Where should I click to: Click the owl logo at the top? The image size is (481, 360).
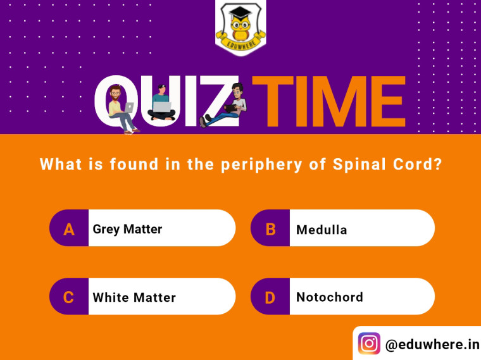tap(240, 27)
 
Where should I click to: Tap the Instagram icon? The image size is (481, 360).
tap(369, 344)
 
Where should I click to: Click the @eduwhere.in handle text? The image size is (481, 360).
tap(432, 344)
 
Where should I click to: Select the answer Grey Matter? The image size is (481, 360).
tap(127, 230)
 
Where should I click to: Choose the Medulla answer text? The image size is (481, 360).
tap(322, 230)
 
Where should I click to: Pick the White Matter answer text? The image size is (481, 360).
tap(134, 297)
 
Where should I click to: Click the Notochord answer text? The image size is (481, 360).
tap(330, 297)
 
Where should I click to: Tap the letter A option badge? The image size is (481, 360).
tap(69, 228)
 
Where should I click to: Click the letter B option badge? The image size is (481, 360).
tap(270, 228)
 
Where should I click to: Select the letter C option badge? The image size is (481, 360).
tap(69, 296)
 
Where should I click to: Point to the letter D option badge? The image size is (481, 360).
tap(270, 296)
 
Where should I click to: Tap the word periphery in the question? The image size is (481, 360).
tap(261, 164)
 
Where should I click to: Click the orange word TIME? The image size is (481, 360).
tap(329, 101)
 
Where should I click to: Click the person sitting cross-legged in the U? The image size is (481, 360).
tap(161, 102)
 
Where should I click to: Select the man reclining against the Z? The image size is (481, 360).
tap(224, 105)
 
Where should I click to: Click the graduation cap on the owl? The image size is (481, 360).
tap(240, 12)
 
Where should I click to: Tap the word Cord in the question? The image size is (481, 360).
tap(418, 164)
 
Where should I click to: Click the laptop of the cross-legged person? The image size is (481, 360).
tap(162, 107)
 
